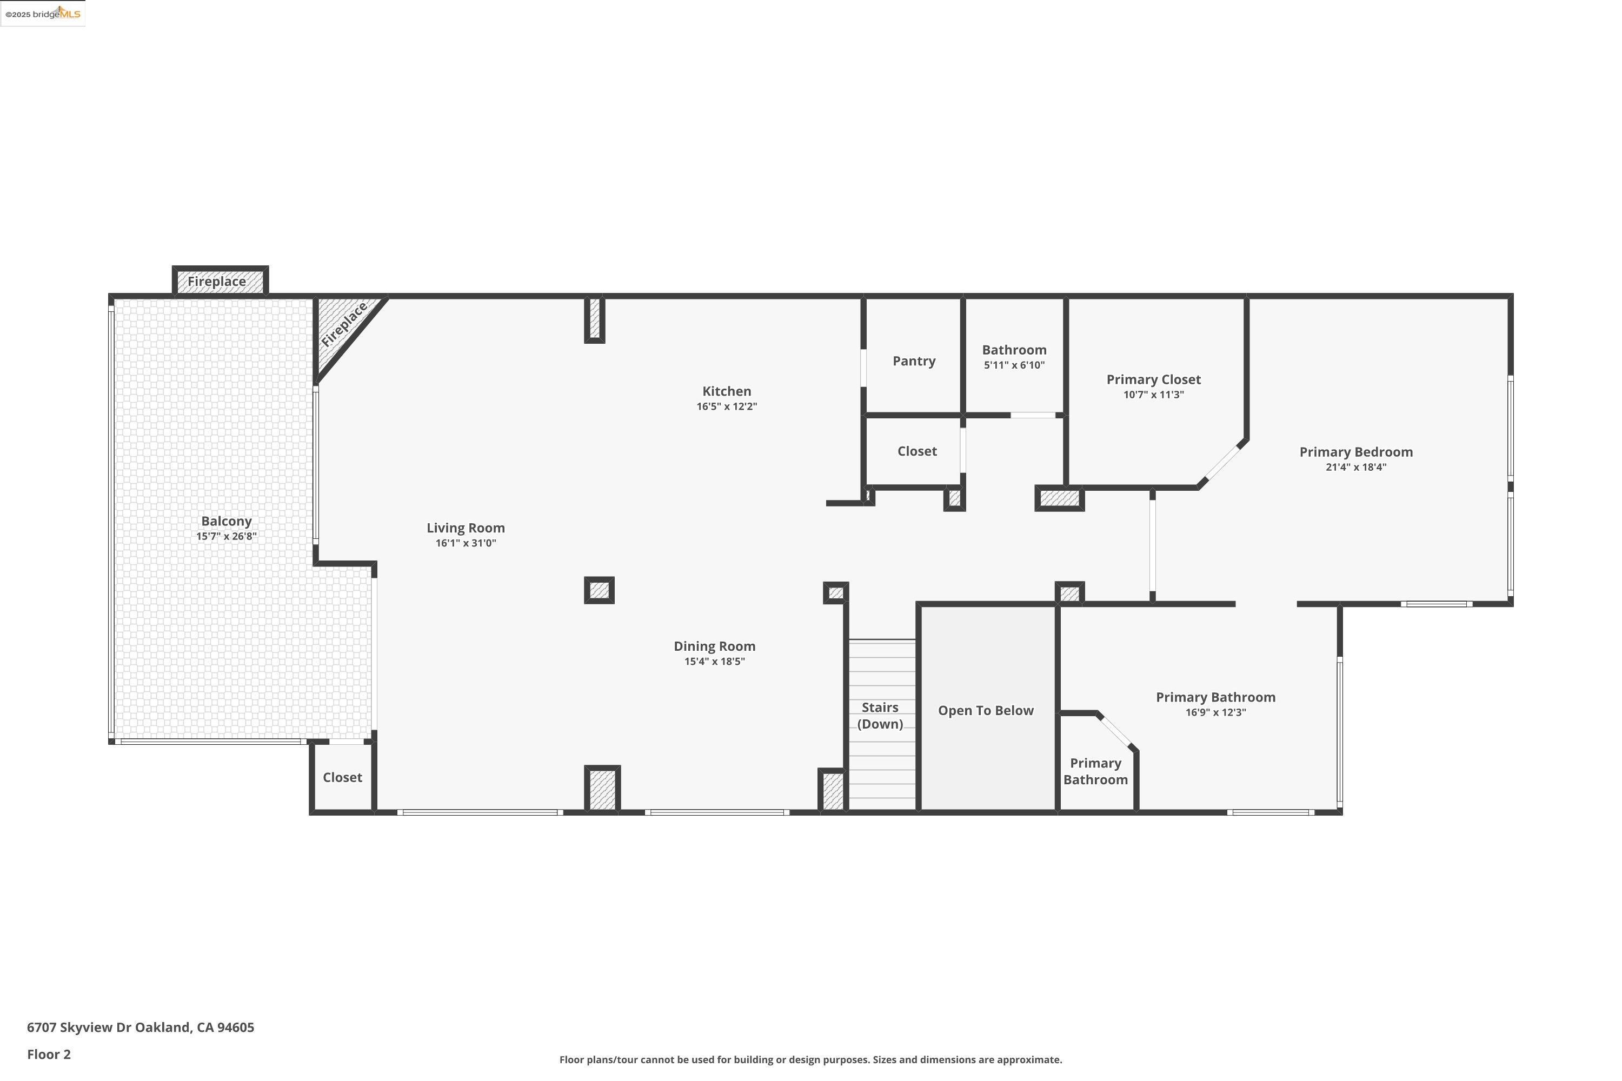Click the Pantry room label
pos(914,361)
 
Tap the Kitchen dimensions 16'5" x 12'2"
pos(726,407)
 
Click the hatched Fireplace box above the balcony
pos(220,281)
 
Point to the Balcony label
pos(226,521)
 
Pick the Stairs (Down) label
pos(880,716)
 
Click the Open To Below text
pos(986,711)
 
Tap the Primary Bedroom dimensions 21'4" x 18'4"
pos(1356,468)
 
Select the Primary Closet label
pos(1153,379)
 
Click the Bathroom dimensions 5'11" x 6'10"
pos(1014,365)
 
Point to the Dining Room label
pos(714,646)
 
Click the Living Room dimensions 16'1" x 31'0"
pos(466,543)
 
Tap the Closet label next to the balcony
pos(342,778)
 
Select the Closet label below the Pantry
pos(916,451)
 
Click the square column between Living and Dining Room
pos(599,590)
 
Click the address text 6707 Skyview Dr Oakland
pos(141,1027)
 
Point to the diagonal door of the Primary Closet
pos(1221,464)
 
